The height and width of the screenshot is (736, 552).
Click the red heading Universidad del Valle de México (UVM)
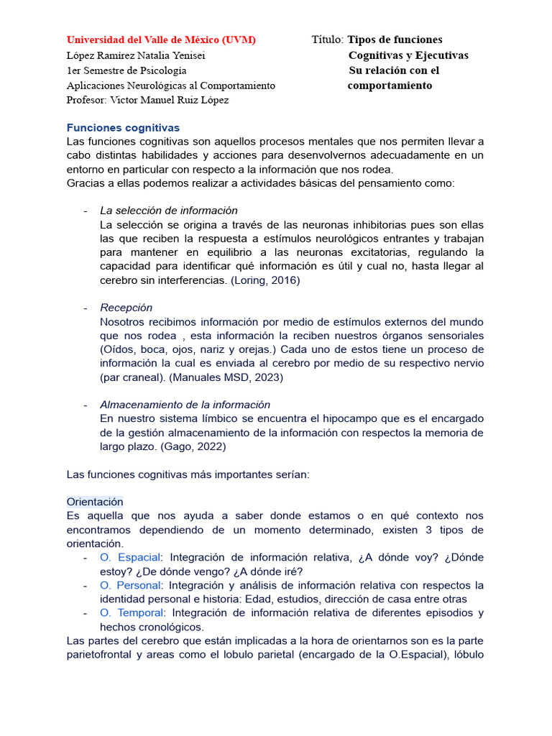(161, 40)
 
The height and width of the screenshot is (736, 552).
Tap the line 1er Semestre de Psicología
(126, 70)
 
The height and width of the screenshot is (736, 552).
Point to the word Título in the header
(327, 40)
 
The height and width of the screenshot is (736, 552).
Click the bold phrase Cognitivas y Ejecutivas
(408, 55)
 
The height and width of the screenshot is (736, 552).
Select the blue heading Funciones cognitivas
(123, 127)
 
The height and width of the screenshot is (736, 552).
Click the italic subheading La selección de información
(169, 211)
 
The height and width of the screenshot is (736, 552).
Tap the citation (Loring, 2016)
(265, 280)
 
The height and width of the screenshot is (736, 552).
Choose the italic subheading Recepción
(126, 308)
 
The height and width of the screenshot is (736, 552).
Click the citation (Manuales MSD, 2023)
(231, 377)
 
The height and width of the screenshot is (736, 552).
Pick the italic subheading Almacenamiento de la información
(185, 405)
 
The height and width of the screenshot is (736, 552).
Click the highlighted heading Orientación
(95, 502)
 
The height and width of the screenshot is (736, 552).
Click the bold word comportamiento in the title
(390, 86)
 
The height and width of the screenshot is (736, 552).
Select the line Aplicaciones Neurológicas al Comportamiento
(171, 86)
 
